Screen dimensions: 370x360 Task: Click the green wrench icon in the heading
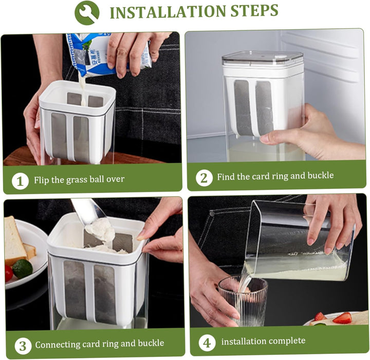(87, 12)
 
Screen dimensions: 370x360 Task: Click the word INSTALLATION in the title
(168, 12)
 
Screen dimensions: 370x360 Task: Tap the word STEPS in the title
(254, 10)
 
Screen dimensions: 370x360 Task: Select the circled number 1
(20, 181)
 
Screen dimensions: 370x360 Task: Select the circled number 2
(204, 178)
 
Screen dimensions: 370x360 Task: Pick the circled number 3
(23, 346)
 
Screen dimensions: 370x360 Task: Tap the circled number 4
(207, 343)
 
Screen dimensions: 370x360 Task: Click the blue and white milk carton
(108, 54)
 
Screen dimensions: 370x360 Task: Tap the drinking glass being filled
(243, 301)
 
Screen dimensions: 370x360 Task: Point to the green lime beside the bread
(23, 269)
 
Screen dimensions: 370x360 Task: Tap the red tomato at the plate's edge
(9, 273)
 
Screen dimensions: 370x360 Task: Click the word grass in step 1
(77, 180)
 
